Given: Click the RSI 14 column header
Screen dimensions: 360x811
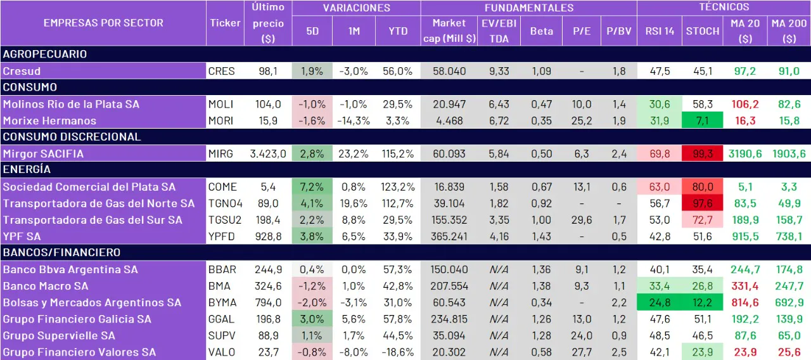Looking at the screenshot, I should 660,30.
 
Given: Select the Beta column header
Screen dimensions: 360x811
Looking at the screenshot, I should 541,30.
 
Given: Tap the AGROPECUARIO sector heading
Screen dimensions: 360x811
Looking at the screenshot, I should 45,54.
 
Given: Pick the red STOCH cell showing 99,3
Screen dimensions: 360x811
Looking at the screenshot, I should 703,153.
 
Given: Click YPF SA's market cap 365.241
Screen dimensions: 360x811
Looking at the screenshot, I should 449,236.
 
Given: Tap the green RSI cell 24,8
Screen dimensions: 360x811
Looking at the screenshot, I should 660,302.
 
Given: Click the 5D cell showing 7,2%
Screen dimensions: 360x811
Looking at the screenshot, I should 312,186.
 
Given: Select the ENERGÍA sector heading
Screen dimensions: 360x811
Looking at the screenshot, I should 26,169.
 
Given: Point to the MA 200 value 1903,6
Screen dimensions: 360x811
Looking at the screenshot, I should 789,153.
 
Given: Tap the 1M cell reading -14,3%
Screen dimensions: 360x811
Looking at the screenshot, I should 354,120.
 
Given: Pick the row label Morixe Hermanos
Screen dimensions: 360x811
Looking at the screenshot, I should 50,120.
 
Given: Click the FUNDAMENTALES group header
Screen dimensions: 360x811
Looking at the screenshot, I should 528,8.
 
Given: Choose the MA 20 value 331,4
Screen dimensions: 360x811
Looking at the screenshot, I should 745,286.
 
